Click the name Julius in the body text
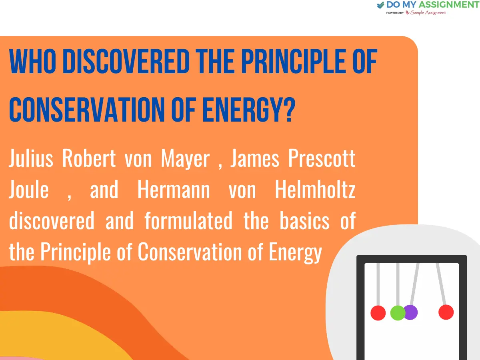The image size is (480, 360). pyautogui.click(x=31, y=159)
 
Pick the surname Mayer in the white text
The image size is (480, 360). pyautogui.click(x=185, y=159)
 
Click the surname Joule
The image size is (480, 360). pyautogui.click(x=29, y=190)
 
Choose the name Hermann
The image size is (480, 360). pyautogui.click(x=173, y=190)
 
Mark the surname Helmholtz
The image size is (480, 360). pyautogui.click(x=315, y=190)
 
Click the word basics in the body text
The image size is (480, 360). pyautogui.click(x=304, y=221)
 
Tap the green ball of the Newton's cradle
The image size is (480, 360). pyautogui.click(x=398, y=312)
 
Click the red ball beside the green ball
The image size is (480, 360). pyautogui.click(x=378, y=313)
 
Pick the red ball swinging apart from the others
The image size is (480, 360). pyautogui.click(x=446, y=312)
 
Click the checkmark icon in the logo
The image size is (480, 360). pyautogui.click(x=380, y=5)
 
